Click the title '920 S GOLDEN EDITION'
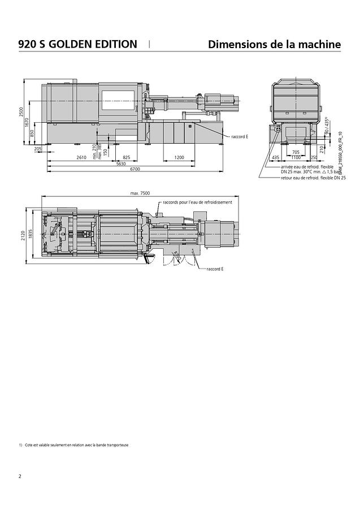(x=77, y=44)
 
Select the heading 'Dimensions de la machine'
(x=274, y=44)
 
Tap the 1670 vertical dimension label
(x=27, y=123)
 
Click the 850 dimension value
(x=32, y=133)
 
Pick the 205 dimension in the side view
(x=38, y=149)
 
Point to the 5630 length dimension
(x=121, y=163)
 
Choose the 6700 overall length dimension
(x=135, y=169)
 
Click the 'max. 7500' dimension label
(x=140, y=193)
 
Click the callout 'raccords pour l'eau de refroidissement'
(x=197, y=202)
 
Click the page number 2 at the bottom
(x=20, y=476)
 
